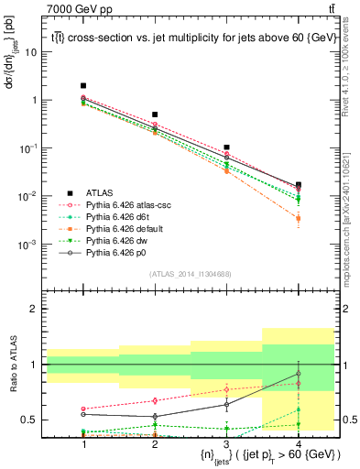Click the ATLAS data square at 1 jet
coord(83,85)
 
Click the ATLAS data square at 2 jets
coord(155,115)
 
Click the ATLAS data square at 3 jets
coord(226,147)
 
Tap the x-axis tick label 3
coord(226,443)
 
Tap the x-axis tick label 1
coord(83,443)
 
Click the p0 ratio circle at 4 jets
coord(298,374)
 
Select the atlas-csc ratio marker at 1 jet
coord(83,409)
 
